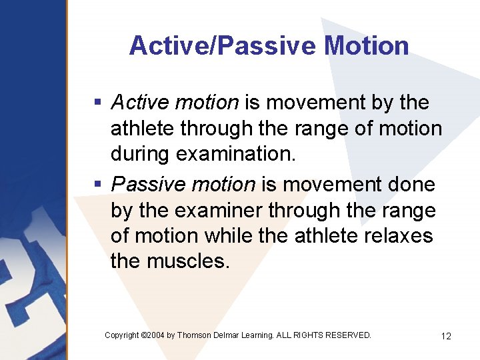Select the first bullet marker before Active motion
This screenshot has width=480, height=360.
(x=97, y=103)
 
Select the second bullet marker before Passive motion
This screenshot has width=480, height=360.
(x=97, y=183)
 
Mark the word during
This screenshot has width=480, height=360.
(x=140, y=153)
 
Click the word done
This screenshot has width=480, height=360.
(x=409, y=183)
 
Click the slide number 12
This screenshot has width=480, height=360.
(x=446, y=336)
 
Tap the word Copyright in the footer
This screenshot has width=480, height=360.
(x=122, y=335)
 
